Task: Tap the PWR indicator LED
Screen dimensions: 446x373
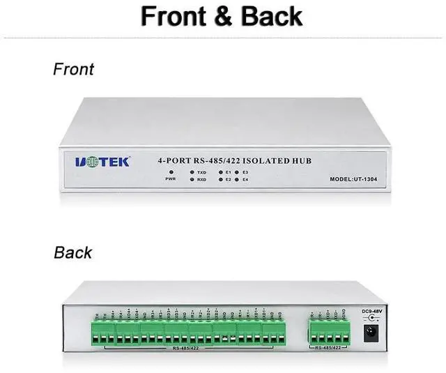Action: click(170, 172)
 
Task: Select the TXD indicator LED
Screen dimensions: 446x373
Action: click(191, 172)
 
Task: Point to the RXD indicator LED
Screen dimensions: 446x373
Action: click(191, 180)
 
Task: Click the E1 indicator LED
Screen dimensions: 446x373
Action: click(220, 172)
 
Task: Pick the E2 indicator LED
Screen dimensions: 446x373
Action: click(220, 180)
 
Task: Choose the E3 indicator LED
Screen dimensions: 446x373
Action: click(238, 172)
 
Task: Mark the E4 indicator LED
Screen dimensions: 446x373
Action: click(238, 180)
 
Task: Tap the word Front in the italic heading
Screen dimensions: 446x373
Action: click(73, 69)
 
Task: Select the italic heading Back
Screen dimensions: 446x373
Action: click(72, 252)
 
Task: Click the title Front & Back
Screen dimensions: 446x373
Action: click(222, 16)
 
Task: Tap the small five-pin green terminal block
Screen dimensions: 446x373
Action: click(327, 330)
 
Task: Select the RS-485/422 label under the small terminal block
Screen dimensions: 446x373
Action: click(327, 347)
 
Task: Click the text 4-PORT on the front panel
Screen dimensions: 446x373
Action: click(176, 161)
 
